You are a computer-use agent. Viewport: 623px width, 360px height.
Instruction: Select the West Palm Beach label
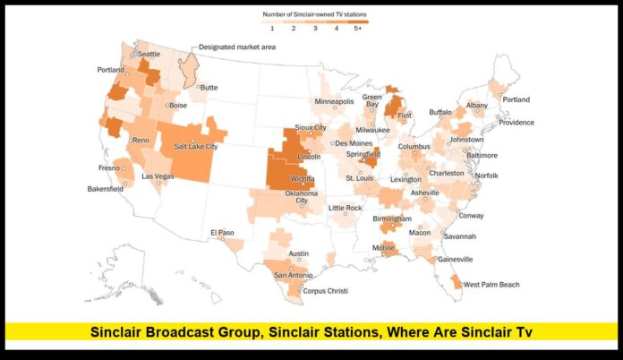[x=491, y=284]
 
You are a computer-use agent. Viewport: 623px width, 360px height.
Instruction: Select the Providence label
[x=516, y=123]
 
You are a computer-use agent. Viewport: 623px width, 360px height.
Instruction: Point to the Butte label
[x=209, y=87]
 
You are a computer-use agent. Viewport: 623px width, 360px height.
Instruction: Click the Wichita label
[x=303, y=178]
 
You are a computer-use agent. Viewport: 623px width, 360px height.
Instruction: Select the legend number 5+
[x=358, y=29]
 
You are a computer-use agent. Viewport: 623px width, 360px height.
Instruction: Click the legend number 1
[x=272, y=29]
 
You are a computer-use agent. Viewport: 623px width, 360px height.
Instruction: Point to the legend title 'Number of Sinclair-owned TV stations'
[x=314, y=13]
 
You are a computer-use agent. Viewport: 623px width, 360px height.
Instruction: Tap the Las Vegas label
[x=158, y=176]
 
